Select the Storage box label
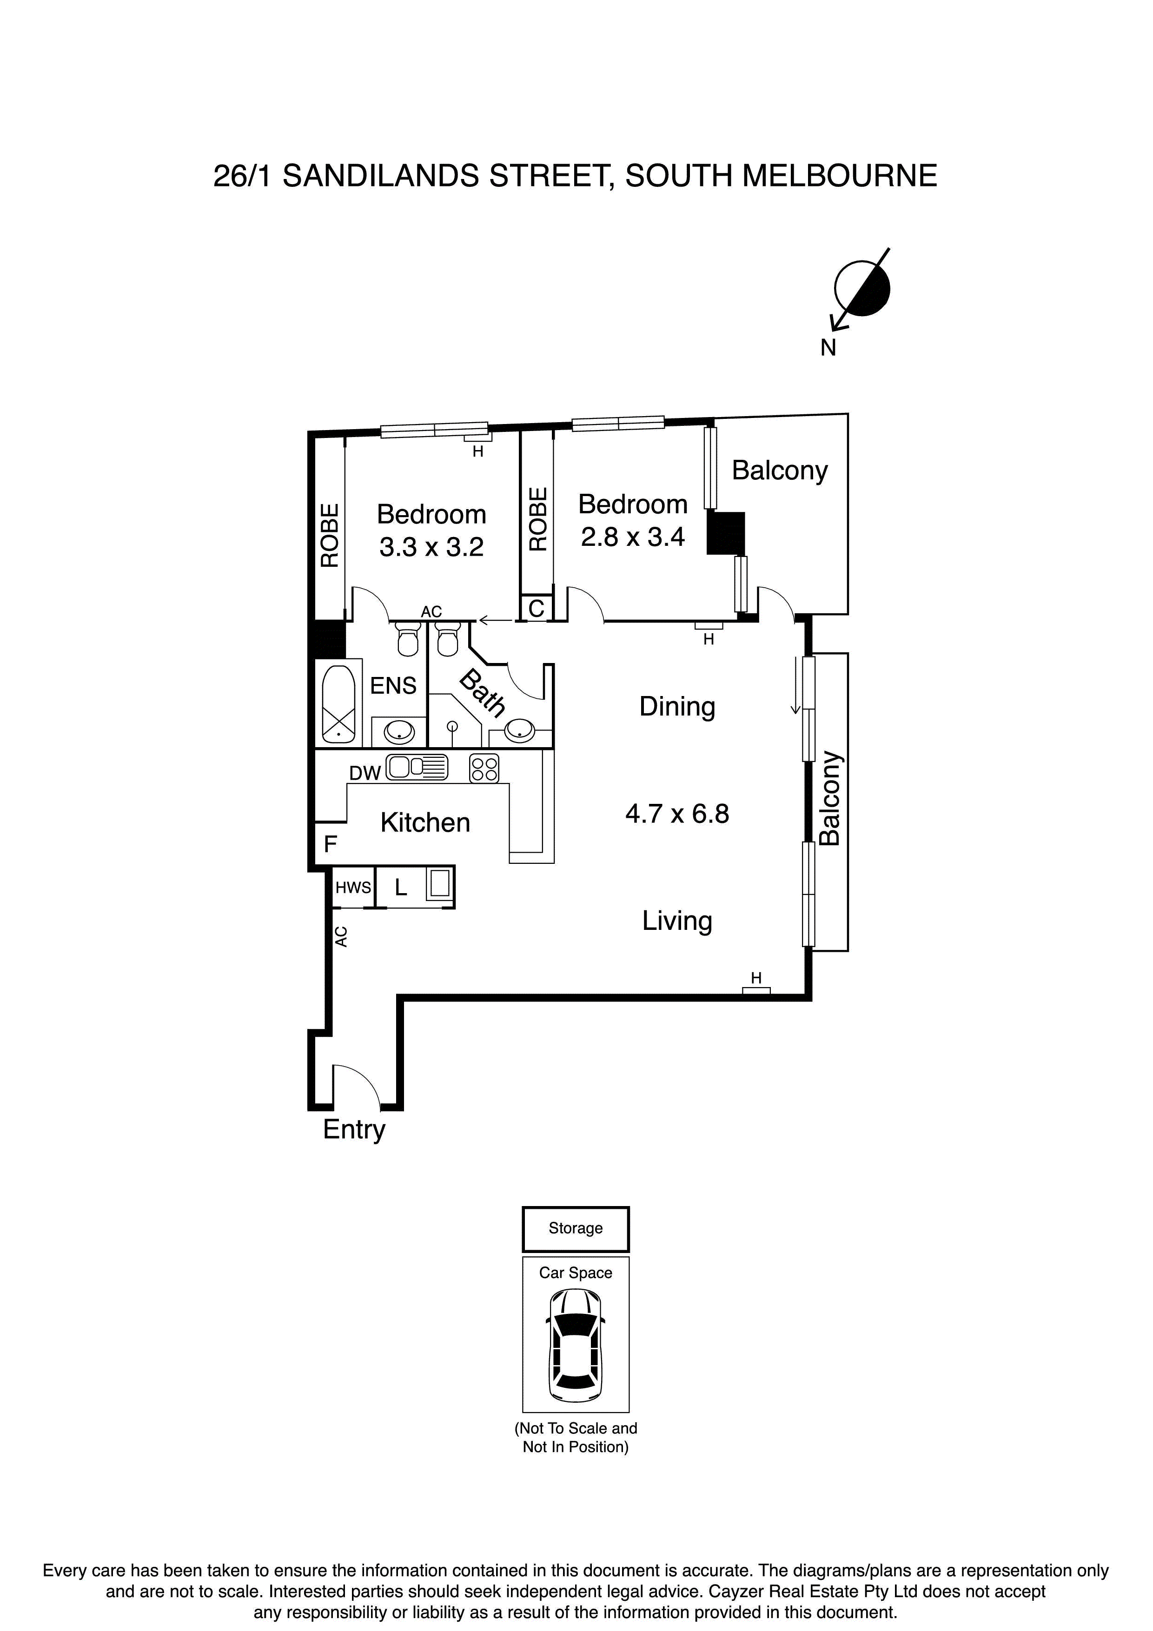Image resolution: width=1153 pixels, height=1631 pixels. click(x=576, y=1228)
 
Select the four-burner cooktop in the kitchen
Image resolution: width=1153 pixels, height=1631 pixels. click(x=484, y=769)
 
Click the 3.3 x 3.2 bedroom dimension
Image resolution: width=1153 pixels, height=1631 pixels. click(x=431, y=547)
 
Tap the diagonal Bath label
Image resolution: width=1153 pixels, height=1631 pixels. click(x=483, y=693)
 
